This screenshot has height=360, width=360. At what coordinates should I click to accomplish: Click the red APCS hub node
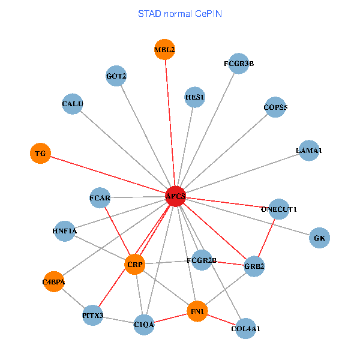click(175, 196)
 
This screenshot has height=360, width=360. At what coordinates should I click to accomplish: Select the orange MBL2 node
click(164, 50)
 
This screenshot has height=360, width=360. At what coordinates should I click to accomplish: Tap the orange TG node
click(40, 154)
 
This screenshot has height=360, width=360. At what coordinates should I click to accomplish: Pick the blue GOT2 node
click(116, 76)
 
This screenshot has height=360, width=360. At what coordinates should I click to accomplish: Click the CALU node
click(73, 104)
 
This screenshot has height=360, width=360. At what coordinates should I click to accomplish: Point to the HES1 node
click(195, 97)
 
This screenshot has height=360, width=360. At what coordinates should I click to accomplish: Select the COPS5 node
click(275, 107)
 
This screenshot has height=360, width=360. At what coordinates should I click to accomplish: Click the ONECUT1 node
click(279, 209)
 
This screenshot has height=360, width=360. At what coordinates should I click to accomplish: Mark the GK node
click(319, 238)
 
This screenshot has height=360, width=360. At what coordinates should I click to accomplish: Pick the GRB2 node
click(254, 266)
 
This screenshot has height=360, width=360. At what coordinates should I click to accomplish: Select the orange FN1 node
click(197, 311)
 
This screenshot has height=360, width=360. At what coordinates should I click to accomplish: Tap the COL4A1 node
click(245, 328)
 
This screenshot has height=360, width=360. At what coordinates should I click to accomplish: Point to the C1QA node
click(144, 325)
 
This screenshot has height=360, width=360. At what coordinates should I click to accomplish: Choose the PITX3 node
click(93, 315)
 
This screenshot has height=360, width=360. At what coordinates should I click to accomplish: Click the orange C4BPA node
click(54, 281)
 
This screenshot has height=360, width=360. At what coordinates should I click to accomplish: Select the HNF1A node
click(65, 231)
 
